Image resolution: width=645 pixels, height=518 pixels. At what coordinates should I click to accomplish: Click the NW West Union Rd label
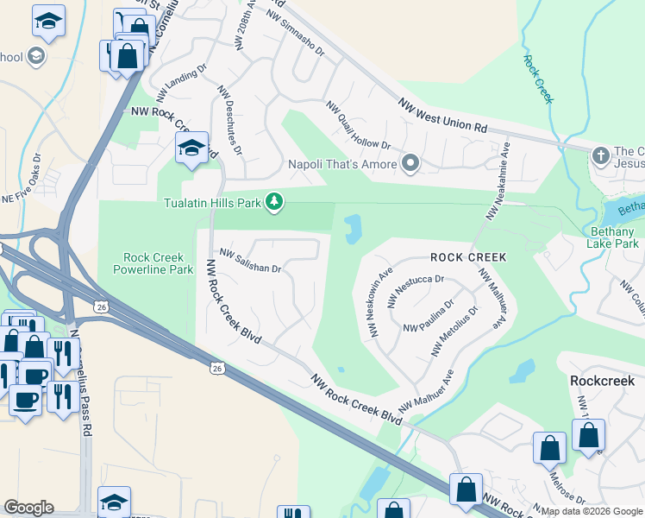point(443,115)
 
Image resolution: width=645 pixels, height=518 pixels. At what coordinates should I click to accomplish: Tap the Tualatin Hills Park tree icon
point(274,202)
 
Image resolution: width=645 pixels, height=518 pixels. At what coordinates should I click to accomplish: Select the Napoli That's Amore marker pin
point(410,163)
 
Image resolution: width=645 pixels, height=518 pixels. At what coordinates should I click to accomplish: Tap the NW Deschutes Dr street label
point(229,120)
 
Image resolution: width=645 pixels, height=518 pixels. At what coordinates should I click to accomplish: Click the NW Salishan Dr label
point(251,261)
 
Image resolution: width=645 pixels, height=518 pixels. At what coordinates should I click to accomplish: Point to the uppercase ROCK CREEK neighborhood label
point(468,257)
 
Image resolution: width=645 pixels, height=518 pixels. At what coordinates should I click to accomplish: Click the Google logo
point(28,508)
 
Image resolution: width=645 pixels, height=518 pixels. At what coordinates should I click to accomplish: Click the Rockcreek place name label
point(602,380)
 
